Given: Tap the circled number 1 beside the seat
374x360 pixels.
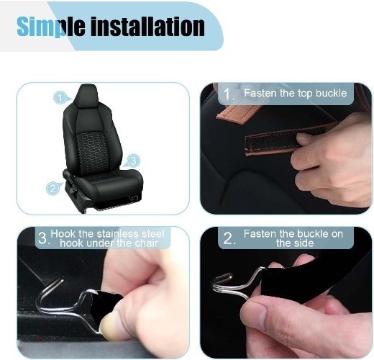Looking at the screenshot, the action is click(60, 98).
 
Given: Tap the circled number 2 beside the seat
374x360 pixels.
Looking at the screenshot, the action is click(53, 189).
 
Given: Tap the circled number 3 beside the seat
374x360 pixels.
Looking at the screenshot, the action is click(133, 161).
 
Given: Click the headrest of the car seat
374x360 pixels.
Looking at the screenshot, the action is click(88, 96).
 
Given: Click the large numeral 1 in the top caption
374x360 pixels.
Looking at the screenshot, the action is click(227, 94).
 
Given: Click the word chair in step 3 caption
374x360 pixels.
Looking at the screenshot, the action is click(146, 243).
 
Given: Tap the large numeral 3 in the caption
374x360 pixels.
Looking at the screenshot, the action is click(43, 238).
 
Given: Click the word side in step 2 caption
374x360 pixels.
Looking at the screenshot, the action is click(304, 243).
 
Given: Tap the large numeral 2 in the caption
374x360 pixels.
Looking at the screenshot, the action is click(229, 239).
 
